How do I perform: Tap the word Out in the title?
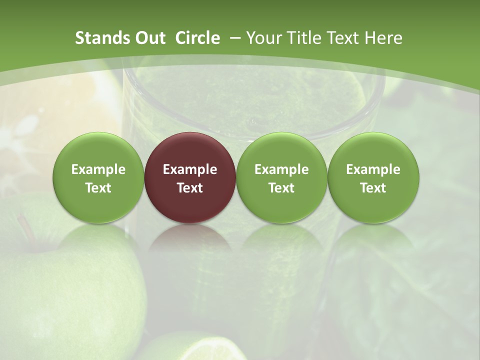click(149, 38)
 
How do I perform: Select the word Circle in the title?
click(197, 38)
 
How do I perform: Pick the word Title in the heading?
click(300, 38)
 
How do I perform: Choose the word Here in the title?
click(383, 38)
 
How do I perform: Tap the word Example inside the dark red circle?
click(190, 169)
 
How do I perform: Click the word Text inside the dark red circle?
click(190, 188)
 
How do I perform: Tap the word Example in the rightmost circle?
click(373, 169)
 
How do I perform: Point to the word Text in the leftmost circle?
click(98, 188)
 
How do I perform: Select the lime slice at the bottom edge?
click(200, 347)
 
